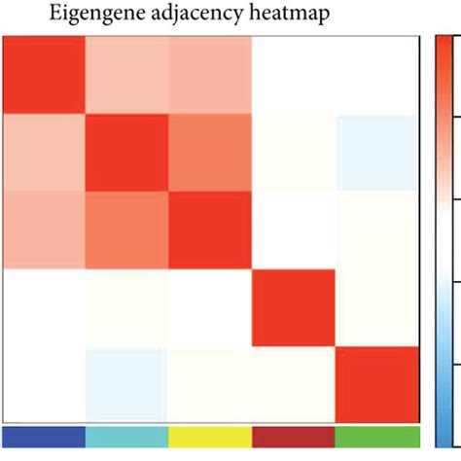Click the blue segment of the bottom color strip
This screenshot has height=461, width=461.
(x=44, y=434)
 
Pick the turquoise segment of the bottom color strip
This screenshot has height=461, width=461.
(x=127, y=434)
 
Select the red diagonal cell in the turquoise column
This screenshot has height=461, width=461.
(x=127, y=153)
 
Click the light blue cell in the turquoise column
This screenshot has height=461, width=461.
(x=127, y=383)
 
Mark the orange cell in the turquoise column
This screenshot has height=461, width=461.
(x=127, y=230)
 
